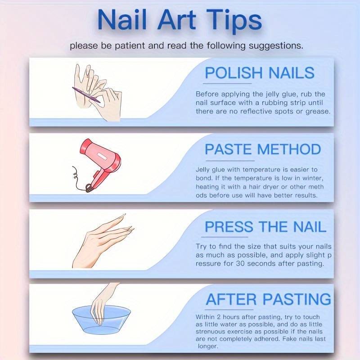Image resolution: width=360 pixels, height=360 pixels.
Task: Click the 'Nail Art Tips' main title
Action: coord(180,21)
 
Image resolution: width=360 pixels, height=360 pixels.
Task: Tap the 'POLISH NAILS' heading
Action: coord(260,73)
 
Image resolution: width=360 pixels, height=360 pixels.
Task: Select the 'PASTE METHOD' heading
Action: coord(263,149)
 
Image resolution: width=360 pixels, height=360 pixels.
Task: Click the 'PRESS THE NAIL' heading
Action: coord(265,227)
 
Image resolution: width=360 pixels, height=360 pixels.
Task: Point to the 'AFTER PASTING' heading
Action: coord(268,299)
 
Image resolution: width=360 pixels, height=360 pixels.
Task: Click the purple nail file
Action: coord(86,94)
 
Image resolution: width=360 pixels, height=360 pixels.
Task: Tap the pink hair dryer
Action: coord(100,164)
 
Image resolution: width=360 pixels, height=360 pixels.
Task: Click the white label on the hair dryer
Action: coord(101,156)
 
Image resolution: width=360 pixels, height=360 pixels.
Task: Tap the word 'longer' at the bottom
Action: coord(207,346)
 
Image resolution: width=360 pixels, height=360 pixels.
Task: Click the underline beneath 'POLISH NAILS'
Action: coord(227,84)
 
